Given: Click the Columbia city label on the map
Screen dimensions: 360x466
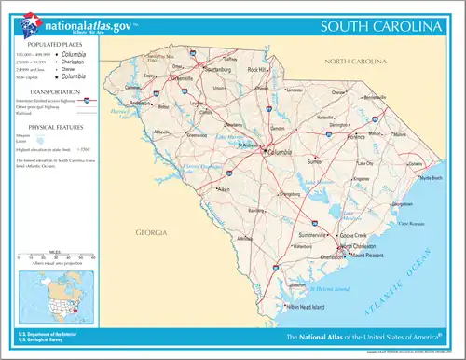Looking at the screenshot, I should [281, 151].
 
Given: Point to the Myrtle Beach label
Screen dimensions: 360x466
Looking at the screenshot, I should [430, 177].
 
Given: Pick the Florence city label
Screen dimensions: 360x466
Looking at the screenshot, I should [356, 136].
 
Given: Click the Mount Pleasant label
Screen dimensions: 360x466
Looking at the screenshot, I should [368, 254].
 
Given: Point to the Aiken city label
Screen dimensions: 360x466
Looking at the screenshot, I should [224, 190].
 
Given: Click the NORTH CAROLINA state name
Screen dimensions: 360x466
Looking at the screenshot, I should [355, 62].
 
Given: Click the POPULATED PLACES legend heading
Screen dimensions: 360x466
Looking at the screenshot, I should [53, 44].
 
